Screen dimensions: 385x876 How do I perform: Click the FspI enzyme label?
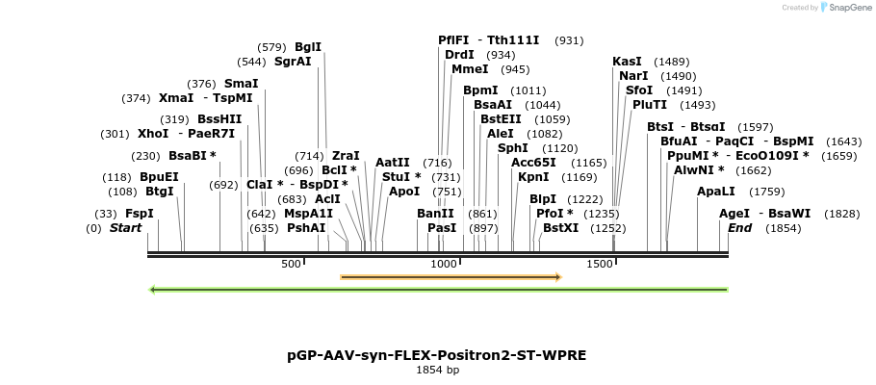tap(140, 214)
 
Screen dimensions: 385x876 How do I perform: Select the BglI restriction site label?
tap(308, 46)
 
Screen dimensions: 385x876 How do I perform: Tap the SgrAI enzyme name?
tap(293, 62)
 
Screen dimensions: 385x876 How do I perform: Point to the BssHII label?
tap(219, 119)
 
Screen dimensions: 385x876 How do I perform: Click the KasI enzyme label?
tap(627, 62)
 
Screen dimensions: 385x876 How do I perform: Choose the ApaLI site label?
tap(715, 192)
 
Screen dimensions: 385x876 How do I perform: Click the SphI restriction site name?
tap(512, 148)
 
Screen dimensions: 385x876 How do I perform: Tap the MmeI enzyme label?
tap(470, 69)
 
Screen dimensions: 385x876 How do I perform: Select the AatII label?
tap(393, 163)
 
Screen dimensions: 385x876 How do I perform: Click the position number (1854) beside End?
tap(783, 228)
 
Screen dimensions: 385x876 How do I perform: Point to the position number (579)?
tap(272, 47)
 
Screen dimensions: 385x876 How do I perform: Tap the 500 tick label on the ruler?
tap(291, 264)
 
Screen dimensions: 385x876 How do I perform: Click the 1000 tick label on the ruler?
tap(444, 264)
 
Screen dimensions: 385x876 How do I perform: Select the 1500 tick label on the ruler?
tap(599, 264)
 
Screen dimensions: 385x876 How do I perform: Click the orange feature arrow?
tap(451, 277)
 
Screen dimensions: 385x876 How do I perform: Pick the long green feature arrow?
tap(439, 289)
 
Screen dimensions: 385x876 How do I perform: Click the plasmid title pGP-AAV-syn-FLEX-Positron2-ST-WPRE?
tap(436, 355)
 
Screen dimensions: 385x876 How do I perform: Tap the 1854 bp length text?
tap(437, 370)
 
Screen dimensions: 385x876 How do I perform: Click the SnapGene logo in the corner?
tap(844, 8)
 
